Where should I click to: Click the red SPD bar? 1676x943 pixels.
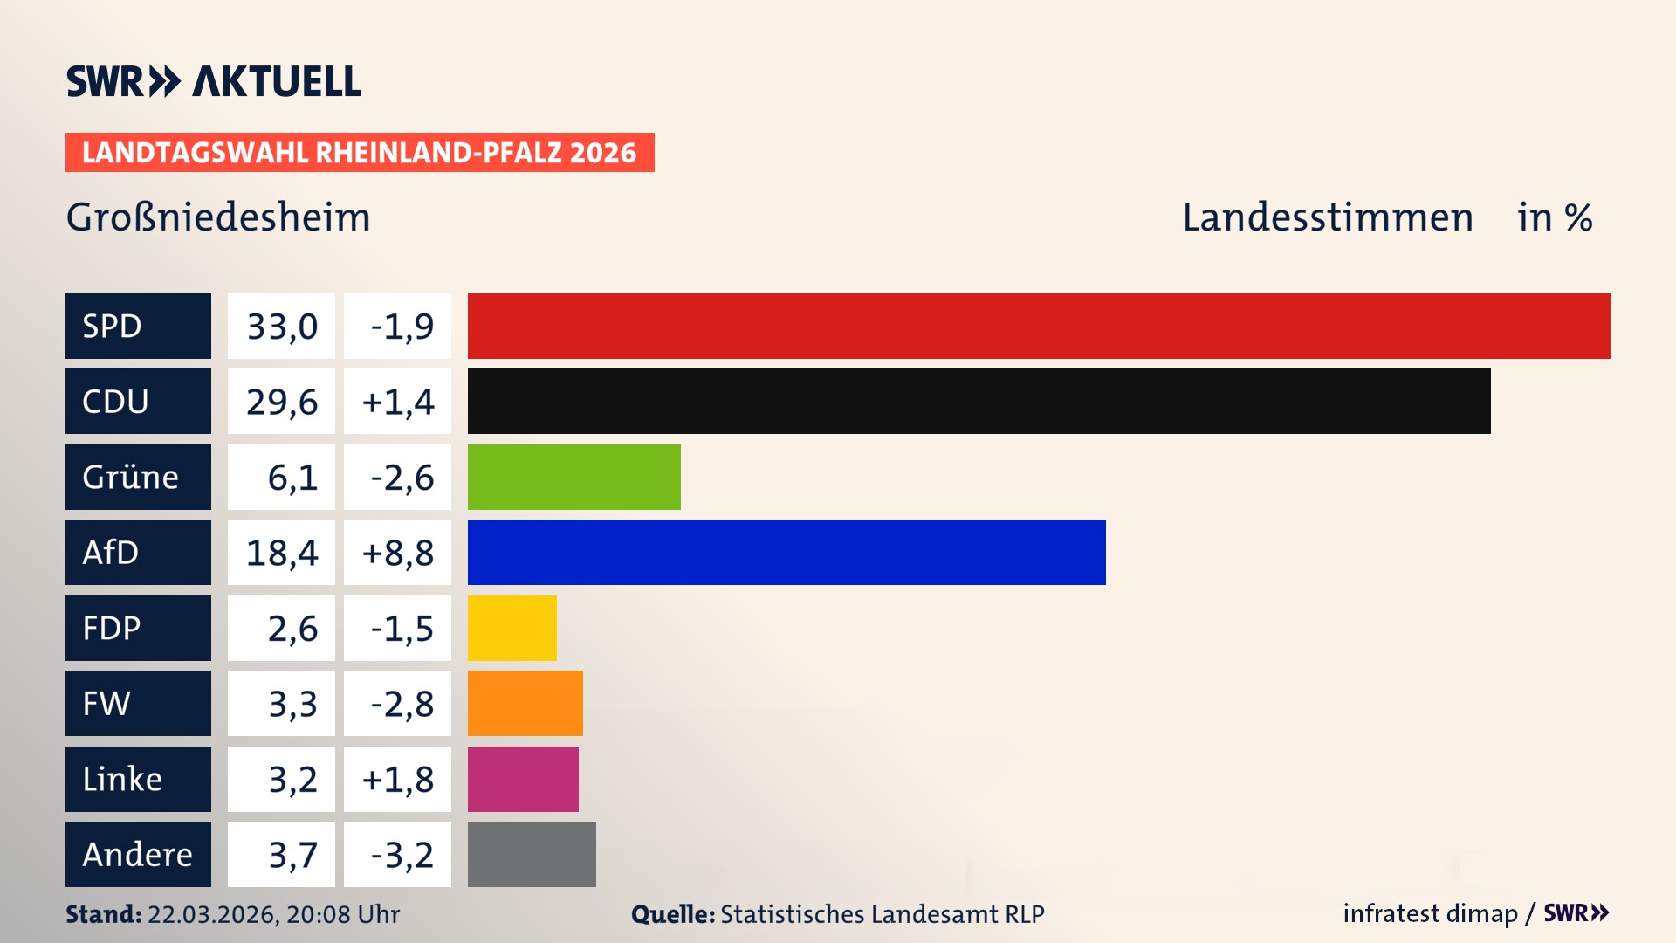[1039, 326]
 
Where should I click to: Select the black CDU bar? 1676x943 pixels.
[979, 401]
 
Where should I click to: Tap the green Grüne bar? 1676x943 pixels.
[574, 477]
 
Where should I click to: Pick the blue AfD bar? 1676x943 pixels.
[786, 552]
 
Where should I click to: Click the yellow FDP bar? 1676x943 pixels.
[512, 628]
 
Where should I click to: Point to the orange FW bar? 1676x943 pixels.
[525, 703]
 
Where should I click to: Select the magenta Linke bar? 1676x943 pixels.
[523, 779]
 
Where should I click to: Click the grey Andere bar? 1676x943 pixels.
[532, 854]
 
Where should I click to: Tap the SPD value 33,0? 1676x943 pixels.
[281, 327]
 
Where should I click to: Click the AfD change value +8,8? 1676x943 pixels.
[397, 553]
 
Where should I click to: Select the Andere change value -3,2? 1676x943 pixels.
[401, 855]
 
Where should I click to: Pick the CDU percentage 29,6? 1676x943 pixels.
[281, 402]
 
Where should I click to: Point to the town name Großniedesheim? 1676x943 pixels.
[218, 217]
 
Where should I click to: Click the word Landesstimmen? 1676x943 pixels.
[1327, 217]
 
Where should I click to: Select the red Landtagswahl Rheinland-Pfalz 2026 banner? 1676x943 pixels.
[360, 152]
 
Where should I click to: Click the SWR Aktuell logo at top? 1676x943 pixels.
[214, 81]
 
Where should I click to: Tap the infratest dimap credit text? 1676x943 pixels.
[1429, 913]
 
